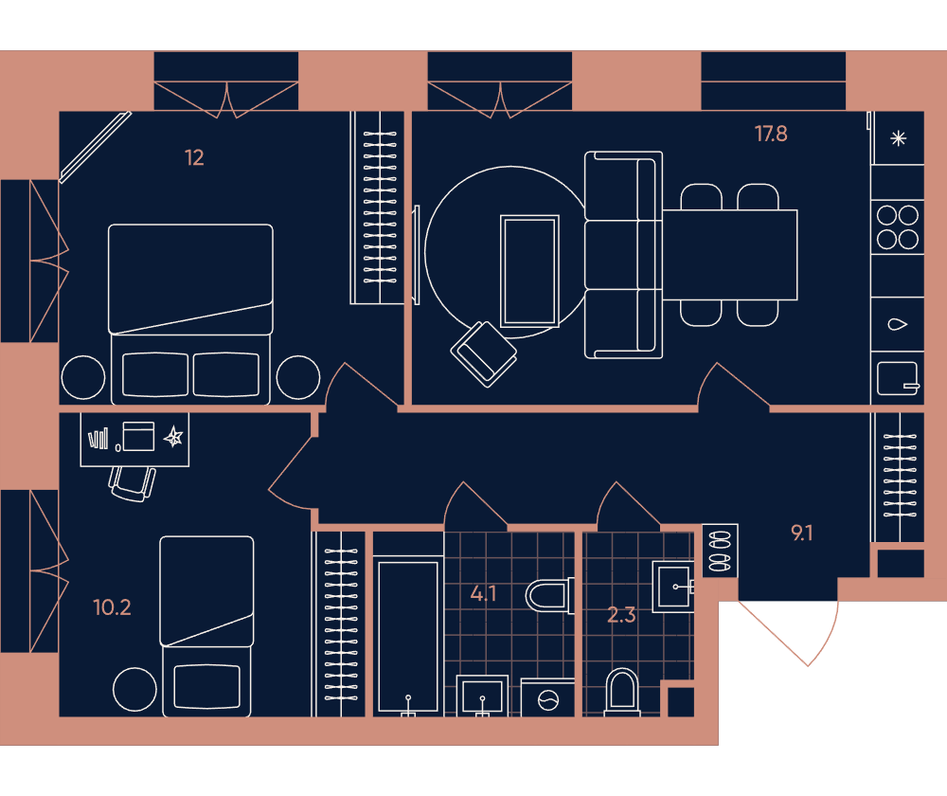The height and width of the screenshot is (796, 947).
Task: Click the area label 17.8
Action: coord(771,134)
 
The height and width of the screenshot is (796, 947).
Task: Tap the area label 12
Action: coord(194,157)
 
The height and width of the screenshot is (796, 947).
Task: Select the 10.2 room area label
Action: coord(112,607)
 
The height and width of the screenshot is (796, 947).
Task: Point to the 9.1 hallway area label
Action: coord(801,534)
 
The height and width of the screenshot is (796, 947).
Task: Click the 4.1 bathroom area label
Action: coord(483,593)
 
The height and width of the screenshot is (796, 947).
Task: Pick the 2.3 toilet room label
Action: coord(621,615)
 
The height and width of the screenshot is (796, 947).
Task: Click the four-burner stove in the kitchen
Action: coord(898,227)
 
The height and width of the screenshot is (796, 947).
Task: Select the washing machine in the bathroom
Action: coord(547,698)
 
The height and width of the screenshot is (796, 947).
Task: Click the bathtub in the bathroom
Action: coord(408,636)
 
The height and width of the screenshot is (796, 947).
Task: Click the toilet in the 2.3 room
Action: coord(621,693)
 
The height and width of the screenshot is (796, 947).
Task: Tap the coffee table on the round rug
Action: coord(529,271)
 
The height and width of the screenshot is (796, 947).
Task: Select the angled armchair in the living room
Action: coord(484,354)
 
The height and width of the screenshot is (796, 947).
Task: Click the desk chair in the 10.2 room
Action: coord(133,483)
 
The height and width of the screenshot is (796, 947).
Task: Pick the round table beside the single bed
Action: coord(134,690)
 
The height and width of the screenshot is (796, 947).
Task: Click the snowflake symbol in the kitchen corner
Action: coord(898,138)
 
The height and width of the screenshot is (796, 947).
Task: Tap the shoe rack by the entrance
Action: coord(720,551)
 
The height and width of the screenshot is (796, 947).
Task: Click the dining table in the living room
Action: coord(729,255)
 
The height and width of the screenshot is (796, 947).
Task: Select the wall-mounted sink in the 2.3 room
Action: coord(673,587)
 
